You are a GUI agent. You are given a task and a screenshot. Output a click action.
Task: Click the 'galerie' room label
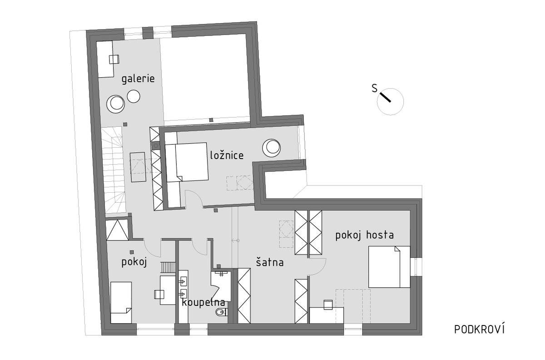coord(138,79)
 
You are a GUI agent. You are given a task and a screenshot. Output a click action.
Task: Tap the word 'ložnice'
coord(227,155)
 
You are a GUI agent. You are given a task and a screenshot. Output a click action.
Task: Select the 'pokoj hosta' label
coord(364,235)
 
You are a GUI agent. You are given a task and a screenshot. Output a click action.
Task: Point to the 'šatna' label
coord(270,262)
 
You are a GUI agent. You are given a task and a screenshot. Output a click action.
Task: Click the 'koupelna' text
coord(203,303)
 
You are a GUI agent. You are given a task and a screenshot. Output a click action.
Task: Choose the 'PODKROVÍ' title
coord(479,329)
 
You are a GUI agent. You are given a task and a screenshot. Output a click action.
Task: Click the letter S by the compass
coord(375,89)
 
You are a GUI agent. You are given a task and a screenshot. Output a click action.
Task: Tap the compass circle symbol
coord(390,101)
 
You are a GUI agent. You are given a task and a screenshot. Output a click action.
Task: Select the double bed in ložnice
coord(187,162)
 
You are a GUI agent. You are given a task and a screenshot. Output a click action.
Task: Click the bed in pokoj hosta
coord(389,267)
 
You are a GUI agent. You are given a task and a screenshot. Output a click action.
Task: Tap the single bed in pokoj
coord(121,303)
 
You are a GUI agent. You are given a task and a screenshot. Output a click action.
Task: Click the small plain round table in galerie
coord(134,96)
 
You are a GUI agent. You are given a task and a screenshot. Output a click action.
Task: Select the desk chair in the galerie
coord(114,60)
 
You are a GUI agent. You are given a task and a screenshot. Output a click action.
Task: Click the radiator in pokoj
coord(168,267)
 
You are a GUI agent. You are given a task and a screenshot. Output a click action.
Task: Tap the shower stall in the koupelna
coord(221,282)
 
